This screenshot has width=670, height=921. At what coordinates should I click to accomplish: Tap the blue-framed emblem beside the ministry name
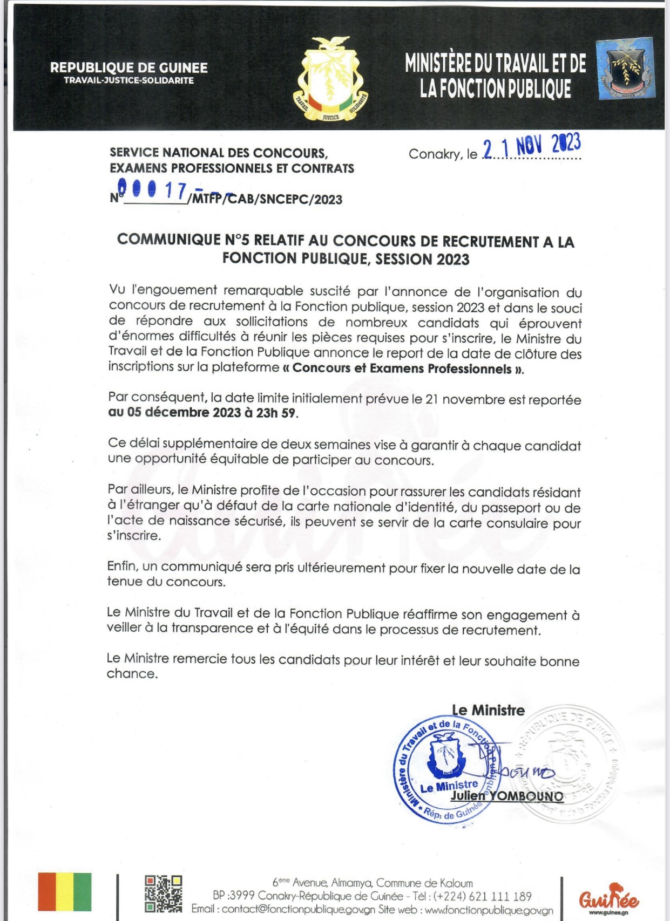(x=626, y=69)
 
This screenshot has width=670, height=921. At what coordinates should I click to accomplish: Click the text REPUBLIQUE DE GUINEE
(x=128, y=68)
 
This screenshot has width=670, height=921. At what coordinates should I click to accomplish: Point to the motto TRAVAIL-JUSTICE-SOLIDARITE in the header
(x=128, y=80)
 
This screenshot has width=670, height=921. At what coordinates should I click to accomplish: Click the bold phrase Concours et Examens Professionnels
(x=402, y=369)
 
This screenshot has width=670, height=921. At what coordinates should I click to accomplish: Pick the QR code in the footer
(x=163, y=893)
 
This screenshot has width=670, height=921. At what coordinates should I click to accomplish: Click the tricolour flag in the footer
(x=64, y=892)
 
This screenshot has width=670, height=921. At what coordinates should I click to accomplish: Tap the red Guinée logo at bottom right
(x=608, y=898)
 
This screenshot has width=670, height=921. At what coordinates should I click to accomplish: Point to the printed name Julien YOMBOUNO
(x=506, y=796)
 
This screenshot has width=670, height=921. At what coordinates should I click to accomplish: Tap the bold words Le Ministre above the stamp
(x=488, y=711)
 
